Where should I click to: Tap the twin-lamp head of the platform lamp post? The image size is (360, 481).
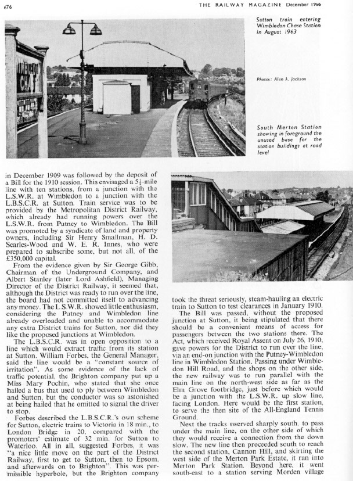tap(81, 29)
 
